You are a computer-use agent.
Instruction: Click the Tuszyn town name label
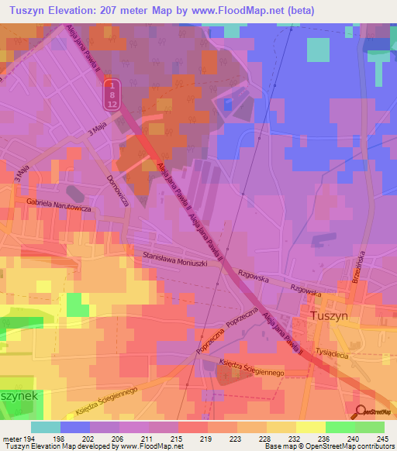pyautogui.click(x=334, y=316)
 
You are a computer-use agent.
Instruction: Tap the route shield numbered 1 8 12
pyautogui.click(x=112, y=94)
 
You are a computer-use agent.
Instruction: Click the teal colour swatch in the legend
pyautogui.click(x=46, y=427)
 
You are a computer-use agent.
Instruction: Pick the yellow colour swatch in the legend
pyautogui.click(x=310, y=427)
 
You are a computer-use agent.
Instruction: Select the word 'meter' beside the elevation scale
pyautogui.click(x=11, y=438)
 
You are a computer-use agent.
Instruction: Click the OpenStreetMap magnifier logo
pyautogui.click(x=360, y=412)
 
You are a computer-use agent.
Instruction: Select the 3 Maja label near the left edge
pyautogui.click(x=21, y=174)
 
